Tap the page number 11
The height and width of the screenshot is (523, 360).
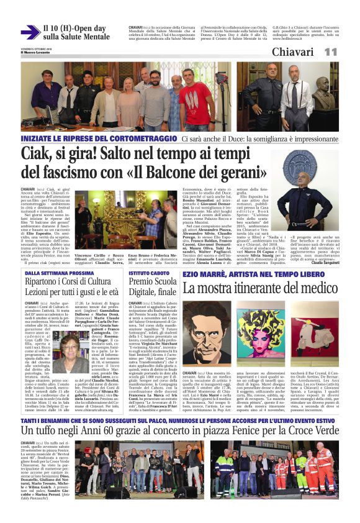[330, 52]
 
